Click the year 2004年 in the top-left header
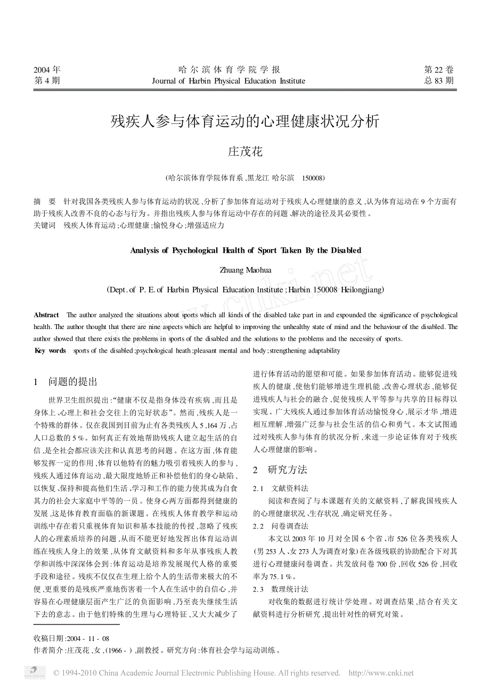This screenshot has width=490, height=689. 47,70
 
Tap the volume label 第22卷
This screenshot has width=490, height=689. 439,70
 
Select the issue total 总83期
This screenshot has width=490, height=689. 439,81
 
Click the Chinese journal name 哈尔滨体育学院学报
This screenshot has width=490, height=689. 229,70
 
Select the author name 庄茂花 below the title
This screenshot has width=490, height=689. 245,152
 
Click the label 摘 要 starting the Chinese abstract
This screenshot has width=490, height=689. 44,202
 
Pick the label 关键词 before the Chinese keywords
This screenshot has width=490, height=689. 44,226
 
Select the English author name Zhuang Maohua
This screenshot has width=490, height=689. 245,270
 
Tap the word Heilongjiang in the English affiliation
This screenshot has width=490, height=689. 361,290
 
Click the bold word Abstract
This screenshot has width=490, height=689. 46,316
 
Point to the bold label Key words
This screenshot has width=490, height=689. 50,351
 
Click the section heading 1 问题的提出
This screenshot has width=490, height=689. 66,382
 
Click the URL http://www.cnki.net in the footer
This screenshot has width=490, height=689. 380,673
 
